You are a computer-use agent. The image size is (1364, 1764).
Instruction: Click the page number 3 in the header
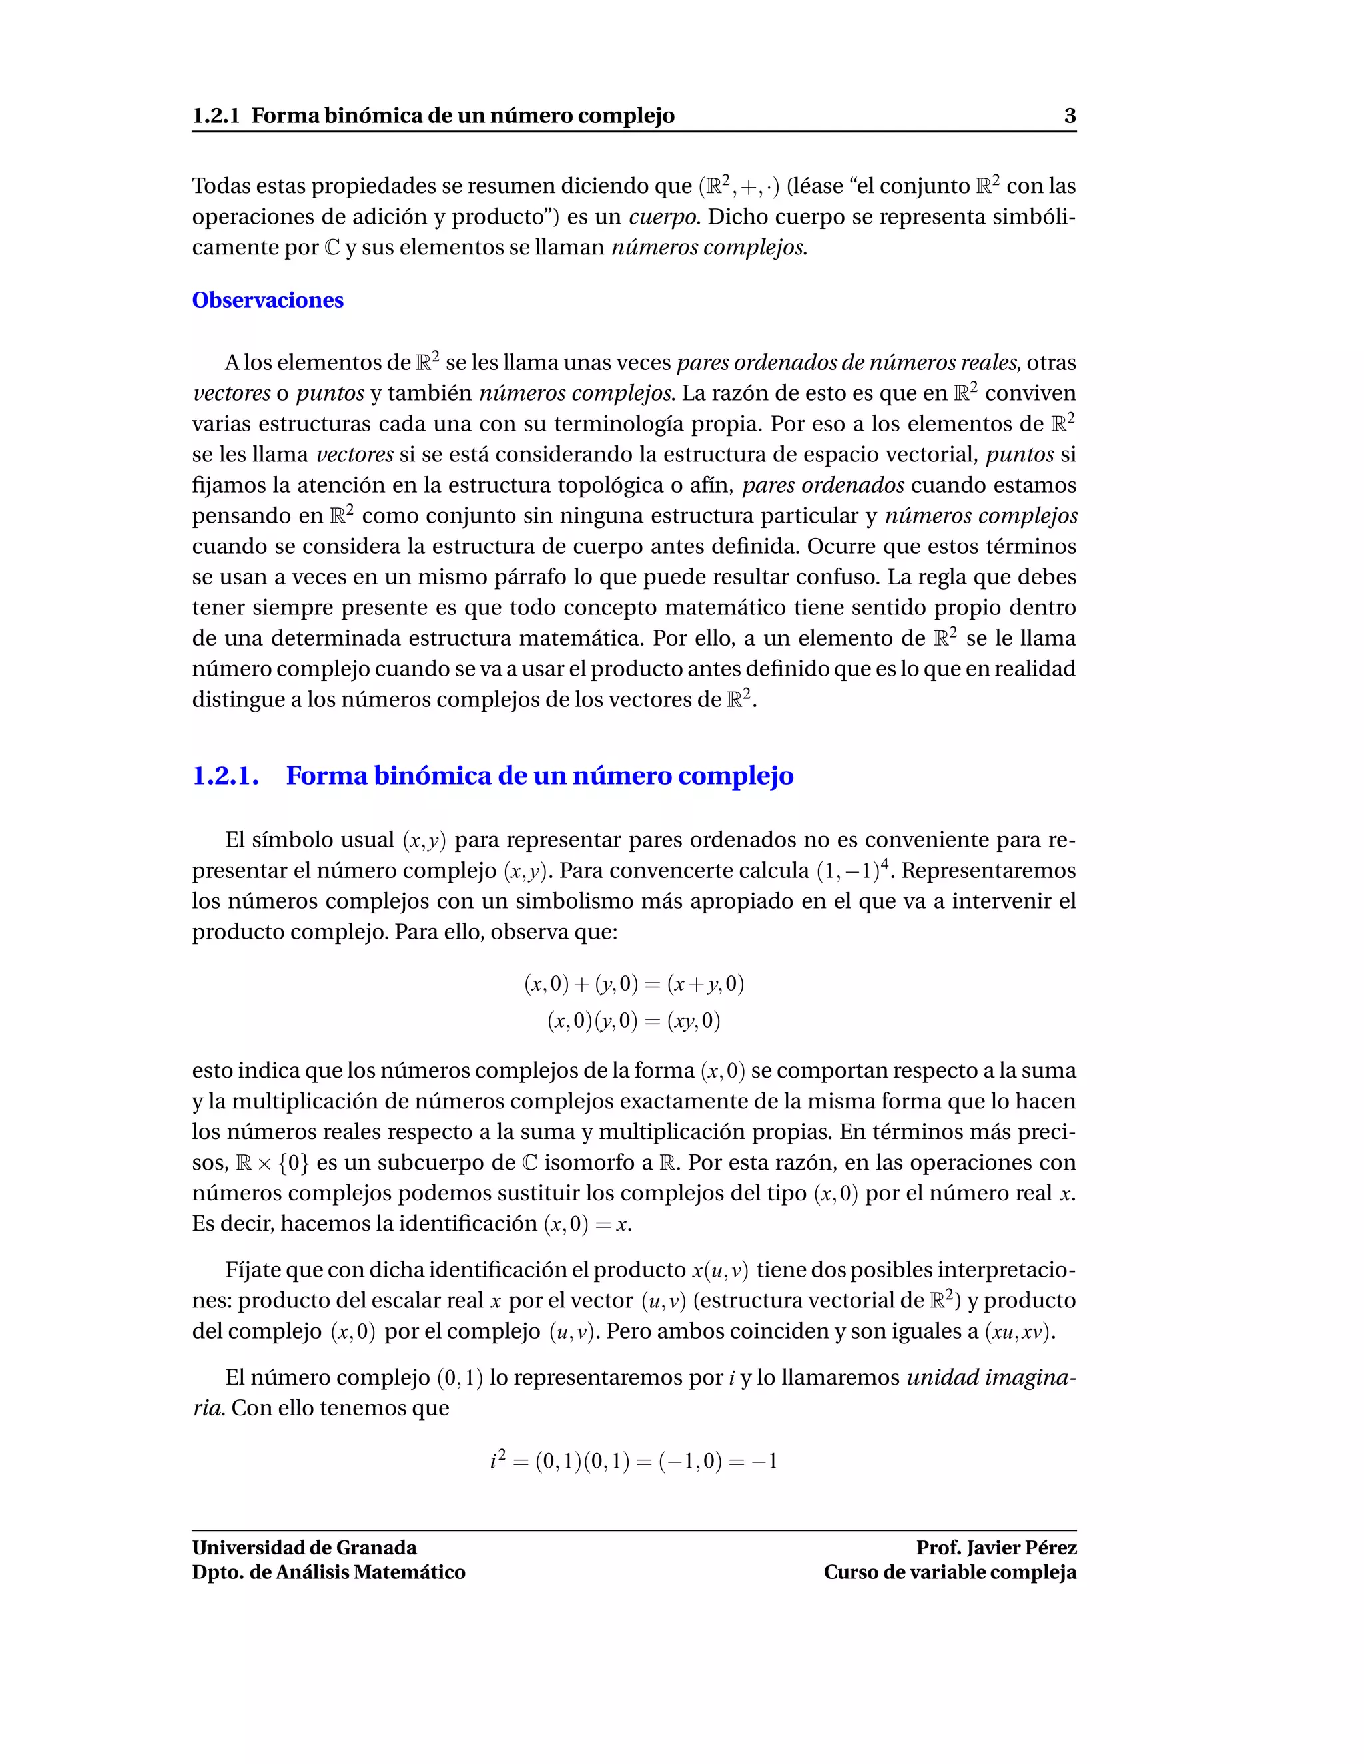pyautogui.click(x=1069, y=116)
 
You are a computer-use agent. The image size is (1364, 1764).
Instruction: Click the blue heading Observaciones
pyautogui.click(x=268, y=300)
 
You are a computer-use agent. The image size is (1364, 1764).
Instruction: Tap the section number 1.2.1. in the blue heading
pyautogui.click(x=226, y=776)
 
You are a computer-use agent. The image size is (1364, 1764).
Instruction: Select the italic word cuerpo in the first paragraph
pyautogui.click(x=663, y=216)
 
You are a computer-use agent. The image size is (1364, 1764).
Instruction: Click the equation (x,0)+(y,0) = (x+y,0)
pyautogui.click(x=633, y=984)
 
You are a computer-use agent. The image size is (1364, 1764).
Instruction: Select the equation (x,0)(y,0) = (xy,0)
pyautogui.click(x=633, y=1022)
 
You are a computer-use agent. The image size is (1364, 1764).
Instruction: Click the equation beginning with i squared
pyautogui.click(x=633, y=1461)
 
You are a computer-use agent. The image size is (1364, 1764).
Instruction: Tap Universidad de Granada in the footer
pyautogui.click(x=304, y=1548)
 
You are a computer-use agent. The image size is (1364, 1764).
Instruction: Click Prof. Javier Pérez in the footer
pyautogui.click(x=996, y=1548)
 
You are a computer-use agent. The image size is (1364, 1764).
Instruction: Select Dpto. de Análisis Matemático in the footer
pyautogui.click(x=328, y=1572)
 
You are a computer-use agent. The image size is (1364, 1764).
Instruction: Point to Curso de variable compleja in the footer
pyautogui.click(x=950, y=1572)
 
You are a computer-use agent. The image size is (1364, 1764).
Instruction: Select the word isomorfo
pyautogui.click(x=590, y=1163)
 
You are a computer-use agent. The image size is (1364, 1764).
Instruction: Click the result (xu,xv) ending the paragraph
pyautogui.click(x=1019, y=1331)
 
